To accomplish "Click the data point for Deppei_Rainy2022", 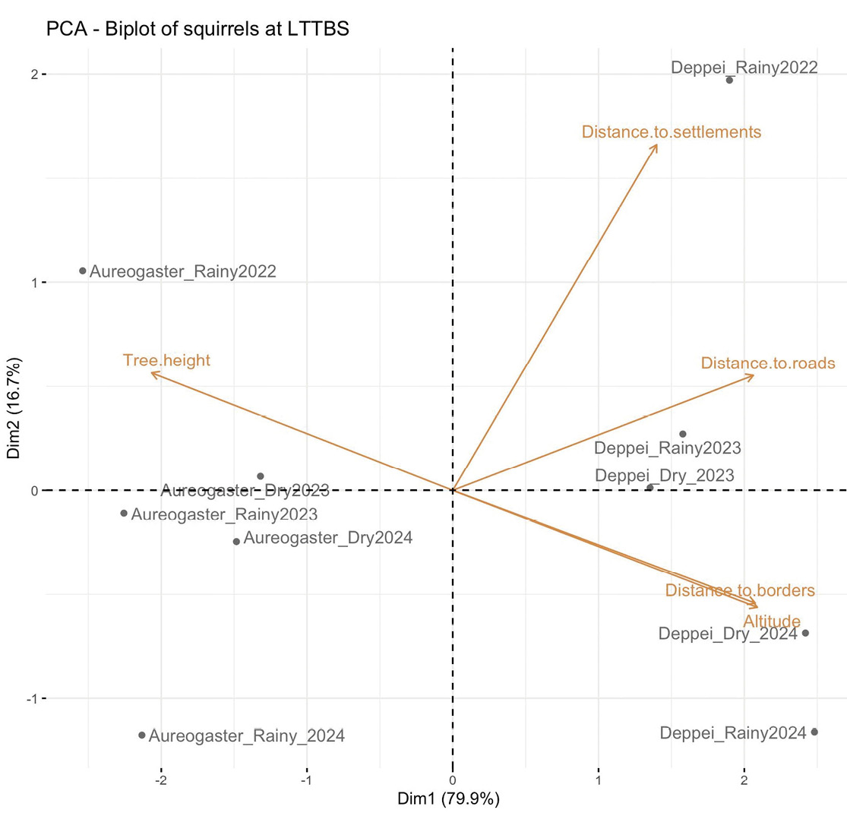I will click(x=729, y=80).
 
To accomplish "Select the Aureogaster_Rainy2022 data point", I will click(x=83, y=270).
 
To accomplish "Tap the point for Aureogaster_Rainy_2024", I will click(x=142, y=735).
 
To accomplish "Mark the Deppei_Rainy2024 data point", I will click(x=814, y=732).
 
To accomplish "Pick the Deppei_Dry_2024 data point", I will click(x=805, y=633).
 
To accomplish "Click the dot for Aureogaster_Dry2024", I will click(x=236, y=542).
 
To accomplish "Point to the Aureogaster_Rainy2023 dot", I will click(x=124, y=514).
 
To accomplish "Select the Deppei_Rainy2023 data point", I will click(x=682, y=434).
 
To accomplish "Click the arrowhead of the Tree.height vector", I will click(x=152, y=372).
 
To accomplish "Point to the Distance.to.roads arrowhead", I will click(x=753, y=375).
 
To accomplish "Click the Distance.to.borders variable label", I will click(x=739, y=590).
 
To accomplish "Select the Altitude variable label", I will click(x=771, y=621).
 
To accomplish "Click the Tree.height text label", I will click(x=166, y=360).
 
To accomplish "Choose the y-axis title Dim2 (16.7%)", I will click(x=14, y=410).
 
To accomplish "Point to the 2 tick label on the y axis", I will click(x=34, y=74).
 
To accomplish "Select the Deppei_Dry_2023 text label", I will click(x=664, y=476).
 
